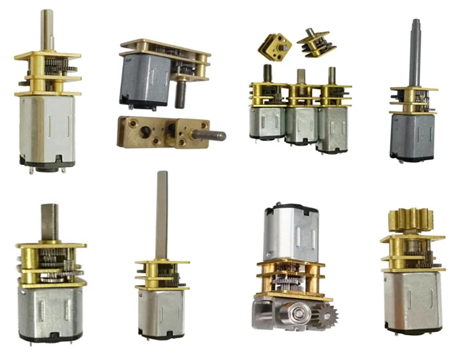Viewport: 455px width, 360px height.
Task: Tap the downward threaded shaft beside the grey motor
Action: pos(181,94)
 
